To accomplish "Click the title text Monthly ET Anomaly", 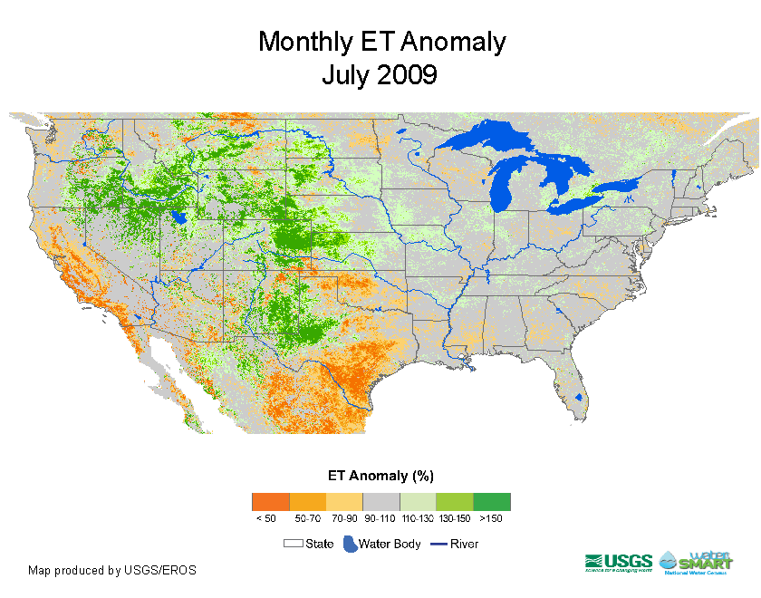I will tap(381, 42).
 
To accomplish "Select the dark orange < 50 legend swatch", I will tap(270, 502).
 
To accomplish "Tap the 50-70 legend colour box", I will tap(307, 502).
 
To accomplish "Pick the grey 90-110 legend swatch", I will tap(380, 502).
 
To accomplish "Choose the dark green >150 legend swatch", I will tap(492, 502).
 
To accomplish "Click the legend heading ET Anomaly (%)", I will tap(380, 476).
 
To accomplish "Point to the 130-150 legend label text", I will tap(454, 518).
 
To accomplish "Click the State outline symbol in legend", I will tap(294, 545).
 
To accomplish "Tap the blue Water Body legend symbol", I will tap(349, 545).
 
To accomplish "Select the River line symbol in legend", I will tap(438, 545).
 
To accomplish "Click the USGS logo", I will tap(619, 562).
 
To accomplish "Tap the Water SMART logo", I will tap(698, 562).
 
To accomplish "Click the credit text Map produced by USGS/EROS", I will tap(112, 571).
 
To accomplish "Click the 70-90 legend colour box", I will tap(344, 502).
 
